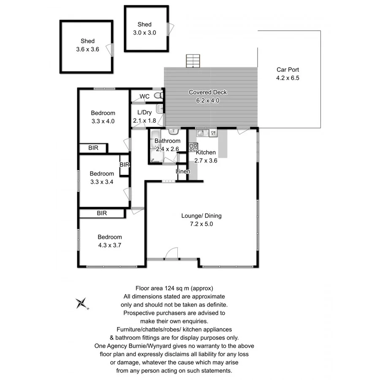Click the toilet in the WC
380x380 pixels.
click(157, 96)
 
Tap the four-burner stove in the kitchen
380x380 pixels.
click(193, 147)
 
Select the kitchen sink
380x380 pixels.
click(201, 133)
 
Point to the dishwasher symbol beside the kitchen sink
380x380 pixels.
click(213, 133)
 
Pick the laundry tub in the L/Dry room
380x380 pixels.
click(160, 109)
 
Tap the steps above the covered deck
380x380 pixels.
click(193, 61)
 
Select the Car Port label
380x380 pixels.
click(288, 70)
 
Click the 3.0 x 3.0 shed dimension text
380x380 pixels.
click(144, 32)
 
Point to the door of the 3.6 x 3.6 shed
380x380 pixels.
click(111, 49)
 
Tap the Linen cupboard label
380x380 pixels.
click(183, 171)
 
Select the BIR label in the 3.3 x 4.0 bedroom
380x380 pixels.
click(93, 148)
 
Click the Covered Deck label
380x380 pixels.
click(208, 92)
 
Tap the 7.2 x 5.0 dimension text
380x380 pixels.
click(201, 224)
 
